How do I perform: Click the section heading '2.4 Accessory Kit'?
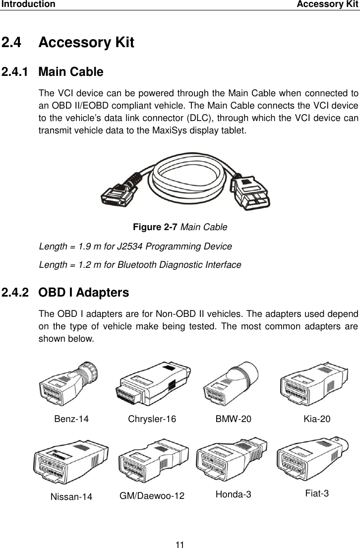[x=68, y=43]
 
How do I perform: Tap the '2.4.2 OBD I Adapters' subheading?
[x=65, y=293]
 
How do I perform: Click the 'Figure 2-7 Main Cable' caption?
[x=180, y=227]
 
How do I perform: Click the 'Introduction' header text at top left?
[x=28, y=4]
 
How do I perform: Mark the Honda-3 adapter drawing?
[x=232, y=461]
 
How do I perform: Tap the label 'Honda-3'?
[x=234, y=494]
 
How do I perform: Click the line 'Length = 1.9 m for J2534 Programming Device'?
[x=135, y=246]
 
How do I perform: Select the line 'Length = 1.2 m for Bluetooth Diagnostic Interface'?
[x=140, y=265]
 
